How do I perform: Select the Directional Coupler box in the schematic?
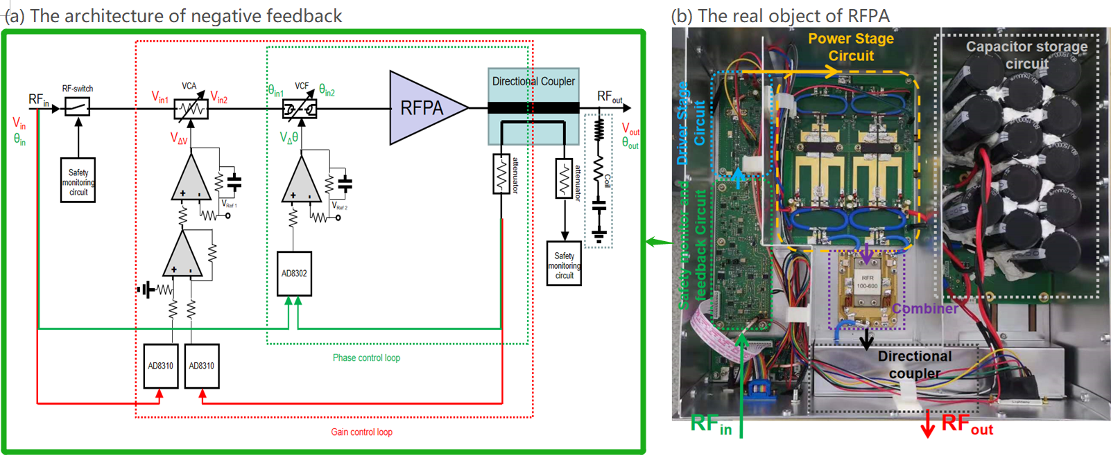[533, 105]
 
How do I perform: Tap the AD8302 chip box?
[294, 274]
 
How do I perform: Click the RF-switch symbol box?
[77, 107]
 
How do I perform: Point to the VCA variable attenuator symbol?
[191, 109]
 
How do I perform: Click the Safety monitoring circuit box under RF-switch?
[78, 182]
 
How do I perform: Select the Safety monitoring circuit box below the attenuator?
[564, 265]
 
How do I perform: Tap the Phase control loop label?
[366, 358]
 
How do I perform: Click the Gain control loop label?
[361, 432]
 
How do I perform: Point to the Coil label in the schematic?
[608, 181]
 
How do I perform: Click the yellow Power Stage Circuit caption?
[851, 47]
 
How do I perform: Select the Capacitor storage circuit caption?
[1026, 55]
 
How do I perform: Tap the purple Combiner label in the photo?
[924, 308]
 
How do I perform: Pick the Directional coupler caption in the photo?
[915, 364]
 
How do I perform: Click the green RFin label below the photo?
[711, 423]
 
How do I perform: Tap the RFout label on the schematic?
[610, 97]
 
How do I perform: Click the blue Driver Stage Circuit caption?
[691, 123]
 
